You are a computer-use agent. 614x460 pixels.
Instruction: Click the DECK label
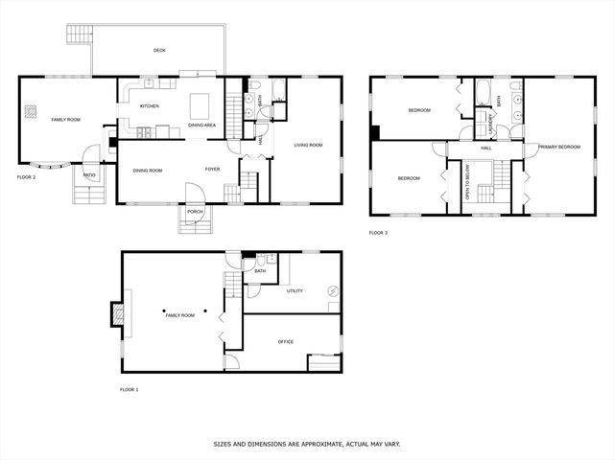click(159, 50)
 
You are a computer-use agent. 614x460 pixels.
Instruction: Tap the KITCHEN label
click(150, 106)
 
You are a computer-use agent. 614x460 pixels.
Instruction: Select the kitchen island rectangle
click(200, 106)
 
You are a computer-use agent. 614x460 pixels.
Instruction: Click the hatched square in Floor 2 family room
click(31, 111)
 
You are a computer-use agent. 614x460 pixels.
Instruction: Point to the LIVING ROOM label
click(309, 145)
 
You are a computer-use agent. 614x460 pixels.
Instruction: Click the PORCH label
click(195, 212)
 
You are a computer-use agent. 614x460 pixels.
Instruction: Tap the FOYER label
click(213, 169)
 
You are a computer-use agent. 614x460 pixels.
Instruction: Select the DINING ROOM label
click(148, 171)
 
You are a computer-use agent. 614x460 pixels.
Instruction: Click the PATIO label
click(89, 175)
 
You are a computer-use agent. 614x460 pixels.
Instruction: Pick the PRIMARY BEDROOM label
click(559, 147)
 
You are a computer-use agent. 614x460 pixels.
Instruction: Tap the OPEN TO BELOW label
click(467, 182)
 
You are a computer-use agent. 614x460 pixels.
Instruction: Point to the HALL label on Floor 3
click(486, 148)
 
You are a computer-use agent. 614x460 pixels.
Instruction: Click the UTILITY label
click(295, 291)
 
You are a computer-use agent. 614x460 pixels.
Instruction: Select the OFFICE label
click(286, 342)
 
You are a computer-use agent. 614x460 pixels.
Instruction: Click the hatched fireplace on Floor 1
click(118, 314)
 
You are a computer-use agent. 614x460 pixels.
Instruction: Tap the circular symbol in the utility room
click(333, 291)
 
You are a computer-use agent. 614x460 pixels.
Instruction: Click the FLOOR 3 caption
click(378, 233)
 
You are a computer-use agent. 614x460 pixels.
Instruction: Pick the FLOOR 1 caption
click(130, 390)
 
